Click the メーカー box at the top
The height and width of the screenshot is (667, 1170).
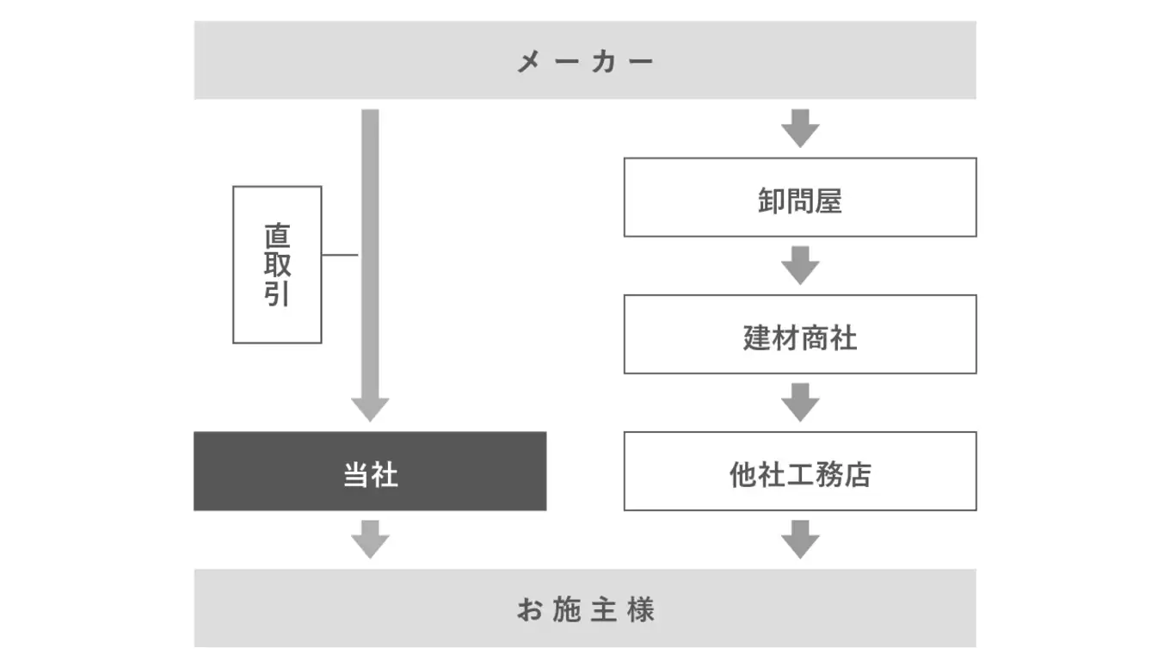point(585,60)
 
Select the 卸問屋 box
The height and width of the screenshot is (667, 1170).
point(800,197)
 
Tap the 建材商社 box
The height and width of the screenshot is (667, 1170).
point(800,334)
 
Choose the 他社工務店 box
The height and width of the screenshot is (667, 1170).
point(800,471)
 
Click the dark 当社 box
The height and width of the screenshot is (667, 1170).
point(370,471)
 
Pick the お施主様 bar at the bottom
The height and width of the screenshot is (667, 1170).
point(585,608)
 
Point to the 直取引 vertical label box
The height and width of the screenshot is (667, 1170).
point(277,264)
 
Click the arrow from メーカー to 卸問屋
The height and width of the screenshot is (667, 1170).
point(800,128)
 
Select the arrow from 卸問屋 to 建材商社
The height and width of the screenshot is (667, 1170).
point(800,265)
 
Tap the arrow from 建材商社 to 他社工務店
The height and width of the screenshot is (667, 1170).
point(800,402)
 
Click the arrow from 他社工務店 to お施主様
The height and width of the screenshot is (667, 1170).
point(800,540)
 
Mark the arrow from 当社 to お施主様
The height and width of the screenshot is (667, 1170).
point(370,540)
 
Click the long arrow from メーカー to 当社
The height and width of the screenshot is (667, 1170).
point(370,258)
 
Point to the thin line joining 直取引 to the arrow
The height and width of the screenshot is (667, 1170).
point(340,255)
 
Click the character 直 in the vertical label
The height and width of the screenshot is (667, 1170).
point(277,236)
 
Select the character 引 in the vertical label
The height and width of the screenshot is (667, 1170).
point(277,293)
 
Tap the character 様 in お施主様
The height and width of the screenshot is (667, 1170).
point(641,609)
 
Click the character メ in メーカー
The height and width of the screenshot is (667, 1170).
point(528,62)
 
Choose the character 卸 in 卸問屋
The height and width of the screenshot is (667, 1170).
point(771,201)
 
